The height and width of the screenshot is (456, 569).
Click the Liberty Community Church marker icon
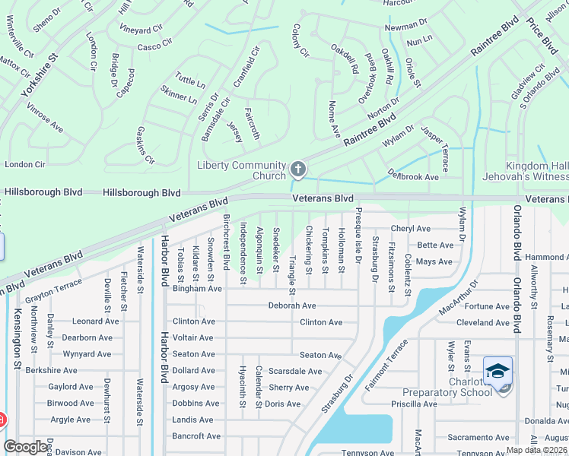(298, 169)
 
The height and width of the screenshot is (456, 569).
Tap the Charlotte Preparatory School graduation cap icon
(497, 372)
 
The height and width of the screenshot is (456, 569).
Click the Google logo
(26, 447)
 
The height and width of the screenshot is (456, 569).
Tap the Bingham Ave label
(197, 289)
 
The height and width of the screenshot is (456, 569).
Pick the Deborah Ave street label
(291, 306)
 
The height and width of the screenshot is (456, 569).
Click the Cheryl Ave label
(411, 229)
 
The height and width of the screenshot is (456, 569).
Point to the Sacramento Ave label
(477, 437)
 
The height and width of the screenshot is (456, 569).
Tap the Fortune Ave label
(487, 306)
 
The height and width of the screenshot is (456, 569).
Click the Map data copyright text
(536, 449)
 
